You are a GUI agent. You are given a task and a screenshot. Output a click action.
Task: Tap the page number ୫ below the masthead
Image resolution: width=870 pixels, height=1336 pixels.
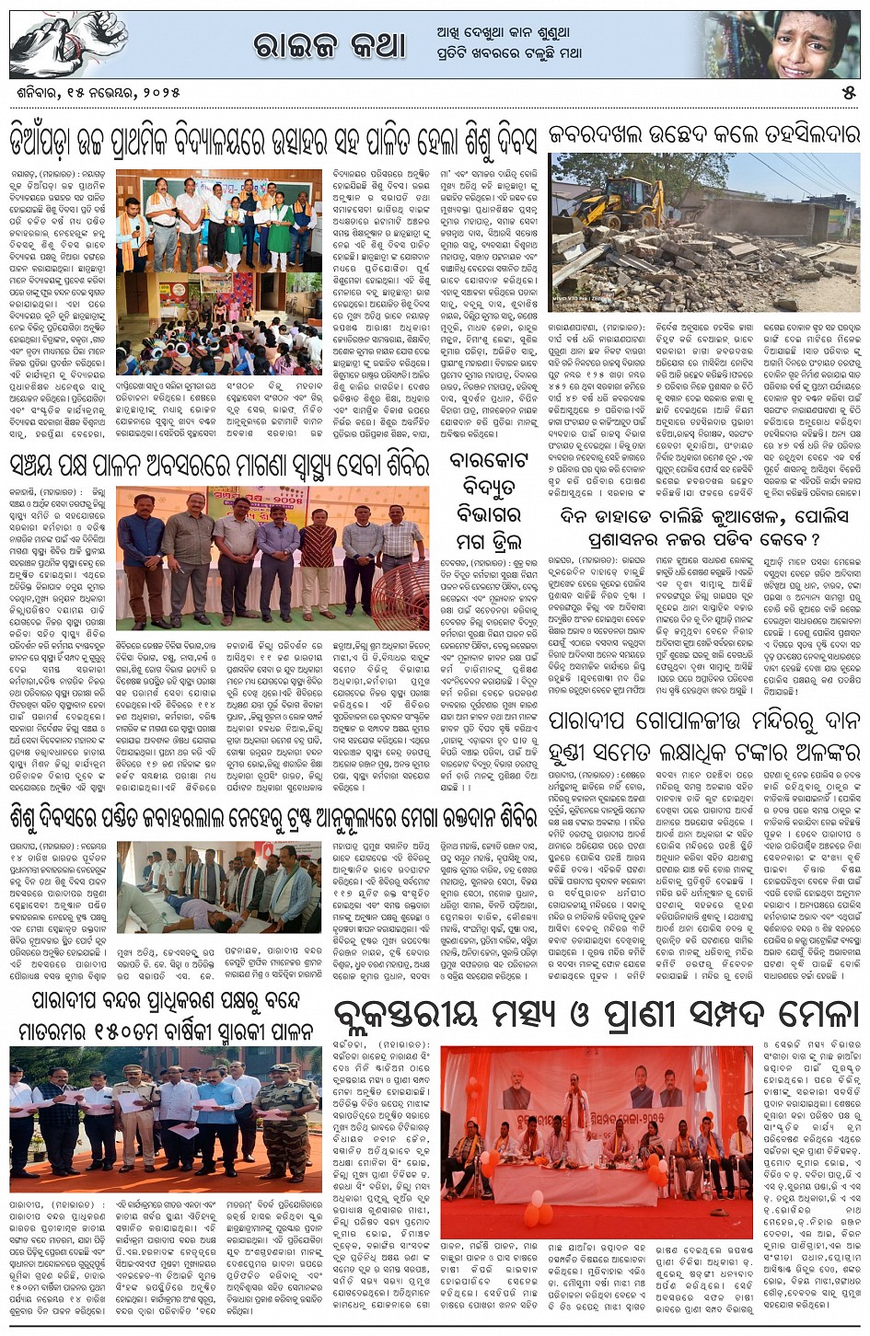tap(848, 93)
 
